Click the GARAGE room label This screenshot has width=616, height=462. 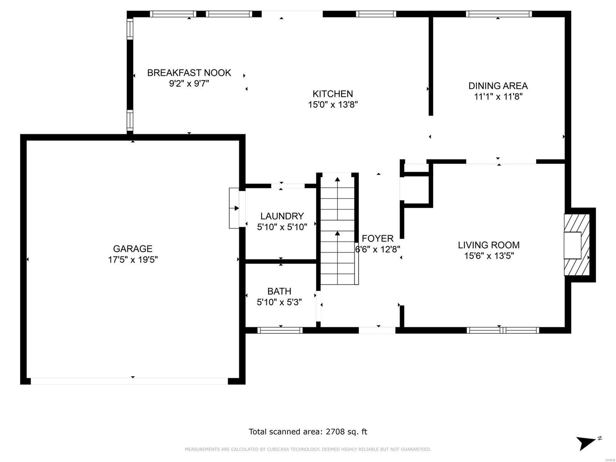tap(132, 249)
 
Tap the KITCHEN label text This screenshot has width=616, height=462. tap(333, 94)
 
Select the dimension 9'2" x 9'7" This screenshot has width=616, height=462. tap(189, 84)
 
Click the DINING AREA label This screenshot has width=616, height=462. tap(498, 86)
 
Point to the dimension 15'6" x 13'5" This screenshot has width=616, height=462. tap(489, 256)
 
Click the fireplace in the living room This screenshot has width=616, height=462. tap(576, 245)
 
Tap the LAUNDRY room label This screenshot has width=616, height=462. tap(282, 216)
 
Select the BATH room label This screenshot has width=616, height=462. tap(279, 291)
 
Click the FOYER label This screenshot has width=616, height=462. tap(377, 239)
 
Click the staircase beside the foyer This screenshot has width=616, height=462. tap(338, 231)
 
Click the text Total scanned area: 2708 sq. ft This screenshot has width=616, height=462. tap(308, 432)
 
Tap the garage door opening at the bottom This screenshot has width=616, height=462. tap(129, 381)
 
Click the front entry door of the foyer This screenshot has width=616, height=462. tap(377, 330)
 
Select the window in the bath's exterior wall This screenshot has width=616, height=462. tap(280, 330)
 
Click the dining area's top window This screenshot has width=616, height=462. tap(499, 14)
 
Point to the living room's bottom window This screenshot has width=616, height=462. tap(502, 330)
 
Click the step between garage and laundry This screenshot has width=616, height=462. tap(234, 208)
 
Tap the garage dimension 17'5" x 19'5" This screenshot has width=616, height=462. tap(132, 260)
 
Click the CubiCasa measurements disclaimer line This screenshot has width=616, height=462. tap(308, 449)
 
